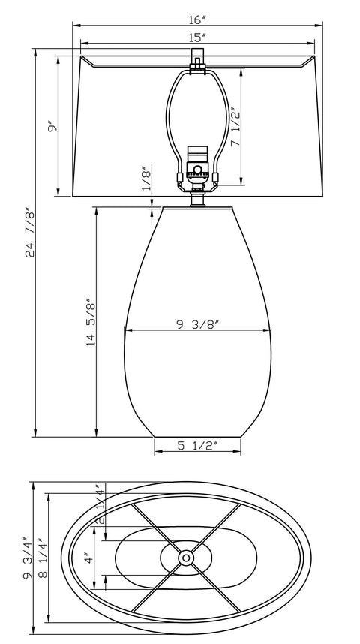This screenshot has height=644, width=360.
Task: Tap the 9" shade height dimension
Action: coord(51,128)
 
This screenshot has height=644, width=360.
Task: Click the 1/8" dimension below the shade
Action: coord(146,179)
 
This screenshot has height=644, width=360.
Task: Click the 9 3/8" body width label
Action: coord(197,324)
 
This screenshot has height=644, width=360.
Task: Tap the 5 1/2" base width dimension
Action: coord(197,445)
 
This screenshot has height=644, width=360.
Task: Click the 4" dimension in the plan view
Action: coord(87,559)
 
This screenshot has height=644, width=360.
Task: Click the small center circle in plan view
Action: coord(185,558)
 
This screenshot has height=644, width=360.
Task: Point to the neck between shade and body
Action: coord(197,200)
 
